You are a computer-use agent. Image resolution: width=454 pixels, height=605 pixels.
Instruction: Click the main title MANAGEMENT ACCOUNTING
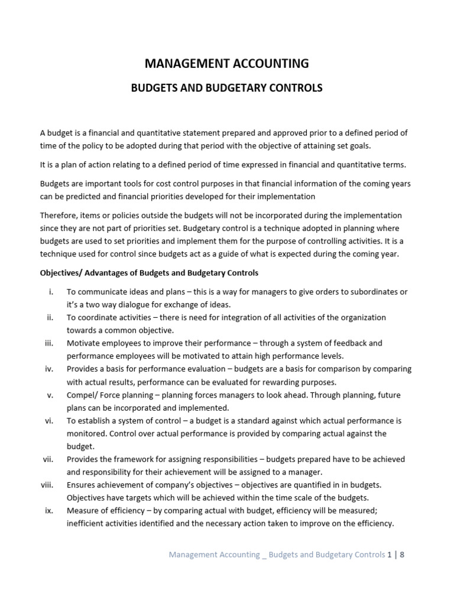coord(226,63)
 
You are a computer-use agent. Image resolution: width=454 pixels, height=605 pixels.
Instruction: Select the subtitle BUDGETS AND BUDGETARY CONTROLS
coord(226,88)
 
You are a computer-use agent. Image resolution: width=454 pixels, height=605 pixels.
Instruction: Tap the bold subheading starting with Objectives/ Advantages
coord(149,273)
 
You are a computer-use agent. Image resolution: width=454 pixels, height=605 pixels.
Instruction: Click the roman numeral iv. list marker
coord(49,369)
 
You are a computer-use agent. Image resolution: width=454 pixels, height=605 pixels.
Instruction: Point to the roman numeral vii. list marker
coord(48,459)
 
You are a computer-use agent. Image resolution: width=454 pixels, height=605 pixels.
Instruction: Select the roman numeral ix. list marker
coord(49,510)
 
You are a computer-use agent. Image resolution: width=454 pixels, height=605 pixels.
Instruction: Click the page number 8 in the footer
coord(402,554)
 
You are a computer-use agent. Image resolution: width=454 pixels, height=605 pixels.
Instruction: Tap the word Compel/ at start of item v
coord(83,395)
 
